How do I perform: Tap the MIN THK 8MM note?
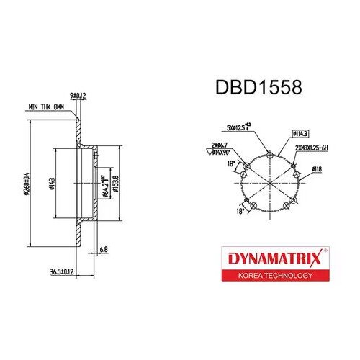[x=46, y=107]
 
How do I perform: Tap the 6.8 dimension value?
[x=104, y=250]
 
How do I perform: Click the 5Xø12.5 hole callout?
[x=238, y=127]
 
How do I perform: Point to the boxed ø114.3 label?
[x=301, y=133]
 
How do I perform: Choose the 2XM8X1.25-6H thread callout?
[x=311, y=147]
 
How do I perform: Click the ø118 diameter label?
[x=317, y=170]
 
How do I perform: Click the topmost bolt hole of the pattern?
[x=269, y=153]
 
